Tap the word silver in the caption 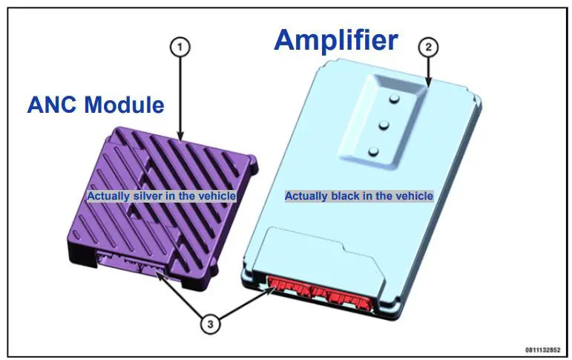(x=140, y=196)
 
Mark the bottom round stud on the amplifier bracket (x=374, y=151)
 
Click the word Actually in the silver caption (x=105, y=196)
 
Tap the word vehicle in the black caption (x=415, y=196)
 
